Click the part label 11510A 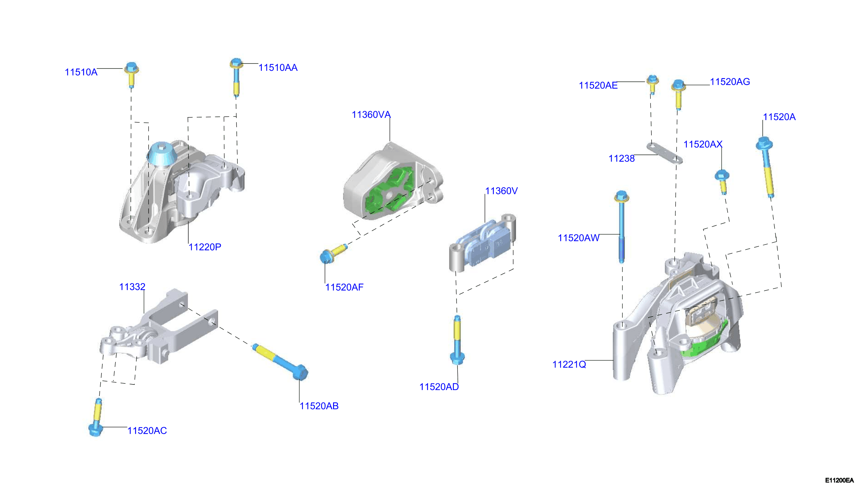pos(81,72)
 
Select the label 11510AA pos(278,67)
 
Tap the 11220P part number pos(205,247)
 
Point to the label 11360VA pos(371,115)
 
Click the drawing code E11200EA pos(839,480)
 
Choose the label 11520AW pos(579,238)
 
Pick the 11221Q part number pos(569,364)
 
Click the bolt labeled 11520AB pos(280,361)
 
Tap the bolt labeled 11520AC pos(96,418)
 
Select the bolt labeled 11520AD pos(457,339)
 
